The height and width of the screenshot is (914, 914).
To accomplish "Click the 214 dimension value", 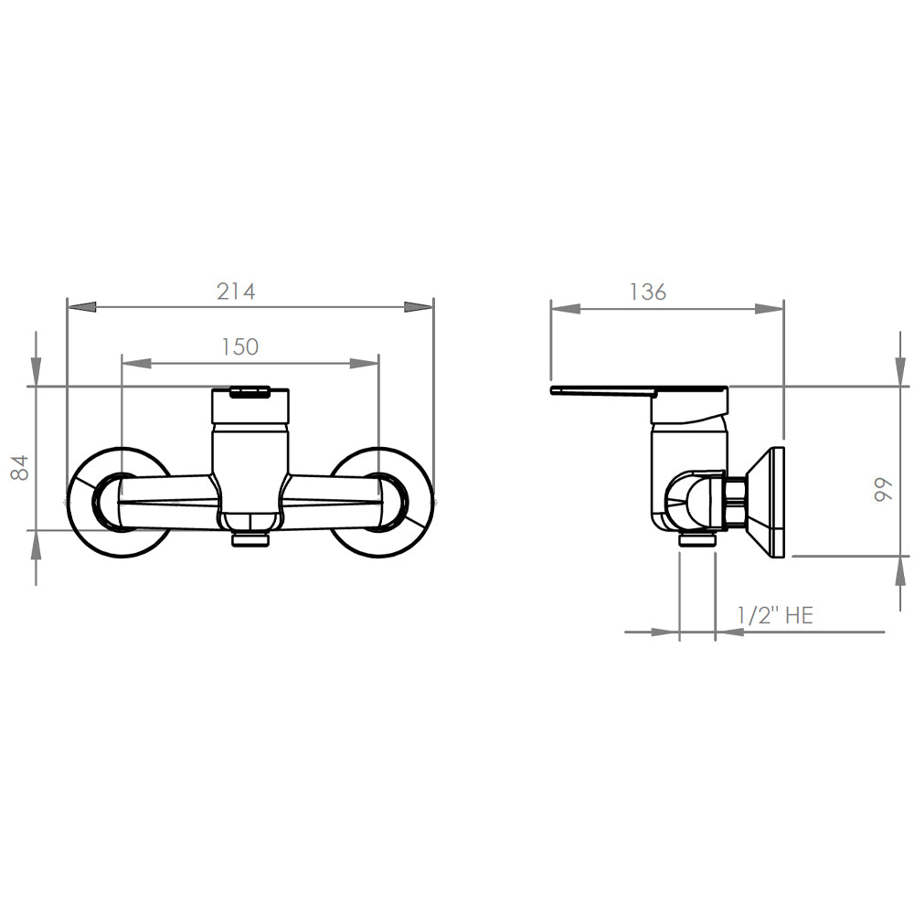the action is click(x=236, y=292).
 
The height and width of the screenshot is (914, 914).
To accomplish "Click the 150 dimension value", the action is click(x=239, y=346).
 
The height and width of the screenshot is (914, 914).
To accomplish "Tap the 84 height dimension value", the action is click(x=20, y=467).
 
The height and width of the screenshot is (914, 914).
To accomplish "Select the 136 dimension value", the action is click(x=648, y=292).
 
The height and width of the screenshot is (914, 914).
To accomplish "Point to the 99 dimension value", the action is click(x=884, y=488).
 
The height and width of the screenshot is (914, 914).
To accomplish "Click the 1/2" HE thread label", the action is click(x=775, y=615).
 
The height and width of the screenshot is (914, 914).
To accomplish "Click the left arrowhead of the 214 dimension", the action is click(x=81, y=306).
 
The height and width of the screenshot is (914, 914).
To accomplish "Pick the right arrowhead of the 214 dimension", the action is click(x=420, y=306).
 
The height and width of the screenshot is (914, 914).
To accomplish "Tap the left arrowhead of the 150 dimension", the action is click(x=136, y=363).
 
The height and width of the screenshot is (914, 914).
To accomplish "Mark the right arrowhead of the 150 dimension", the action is click(x=365, y=363).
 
